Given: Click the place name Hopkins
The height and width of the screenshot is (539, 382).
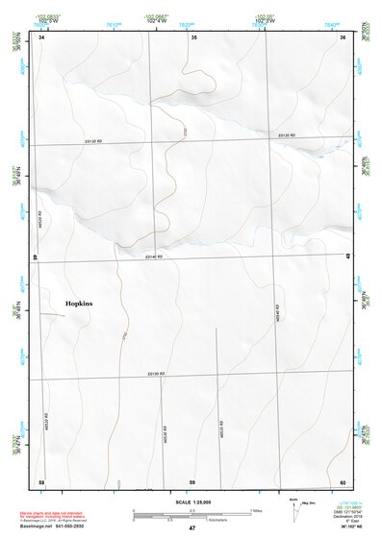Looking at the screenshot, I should click(x=79, y=304).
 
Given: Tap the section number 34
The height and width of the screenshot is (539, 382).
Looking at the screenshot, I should click(x=41, y=37).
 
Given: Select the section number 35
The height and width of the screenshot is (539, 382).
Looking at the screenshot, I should click(x=193, y=37).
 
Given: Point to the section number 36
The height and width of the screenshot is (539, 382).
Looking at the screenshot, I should click(x=343, y=37).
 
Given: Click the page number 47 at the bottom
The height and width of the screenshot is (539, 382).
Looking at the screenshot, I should click(x=191, y=528).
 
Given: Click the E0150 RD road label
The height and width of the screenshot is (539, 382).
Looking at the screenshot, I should click(x=157, y=374).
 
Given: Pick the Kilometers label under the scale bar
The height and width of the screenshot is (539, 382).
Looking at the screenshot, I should click(x=191, y=521).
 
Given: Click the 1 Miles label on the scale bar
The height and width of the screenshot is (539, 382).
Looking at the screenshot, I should click(x=258, y=510).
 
